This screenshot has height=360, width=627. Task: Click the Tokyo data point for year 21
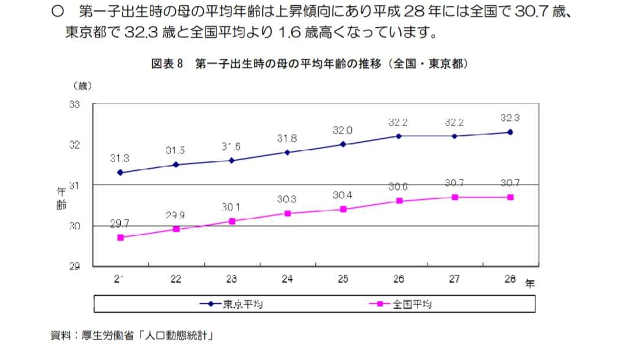pos(120,172)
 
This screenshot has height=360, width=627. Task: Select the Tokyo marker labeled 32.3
pos(510,132)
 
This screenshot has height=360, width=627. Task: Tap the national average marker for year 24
pos(287,213)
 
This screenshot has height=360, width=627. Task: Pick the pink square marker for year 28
pos(510,197)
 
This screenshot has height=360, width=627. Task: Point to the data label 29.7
pos(120,224)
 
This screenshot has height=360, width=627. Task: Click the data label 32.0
pos(343,131)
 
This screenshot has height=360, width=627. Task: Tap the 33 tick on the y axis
pos(74,105)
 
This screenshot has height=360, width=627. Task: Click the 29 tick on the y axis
pos(74,267)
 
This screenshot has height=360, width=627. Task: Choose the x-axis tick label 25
pos(343,279)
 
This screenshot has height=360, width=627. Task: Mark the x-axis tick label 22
pos(176,279)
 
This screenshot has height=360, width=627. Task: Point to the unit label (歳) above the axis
pos(82,85)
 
